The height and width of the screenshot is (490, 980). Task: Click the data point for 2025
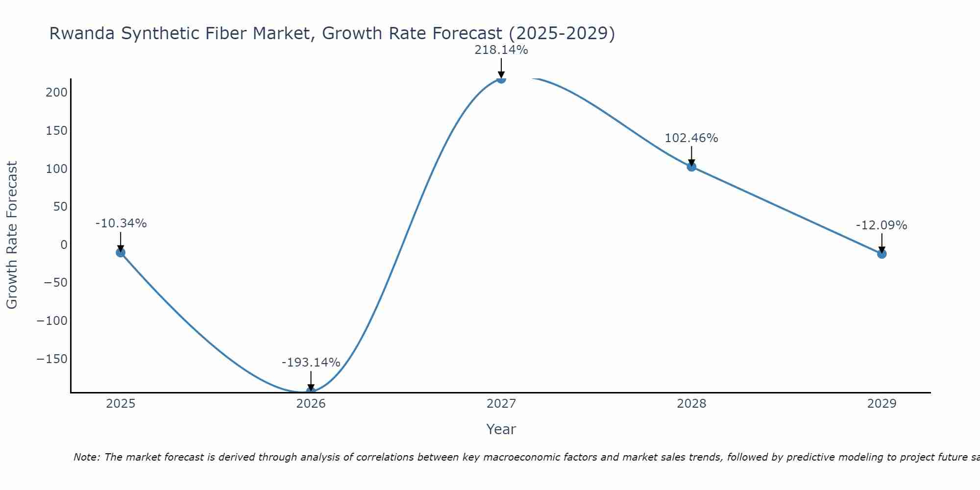point(121,252)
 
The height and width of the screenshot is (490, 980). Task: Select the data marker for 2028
point(691,167)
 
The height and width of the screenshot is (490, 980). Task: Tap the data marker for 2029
point(882,254)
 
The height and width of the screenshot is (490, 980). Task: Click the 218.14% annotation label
point(501,50)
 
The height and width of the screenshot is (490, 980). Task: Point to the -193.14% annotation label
point(311,363)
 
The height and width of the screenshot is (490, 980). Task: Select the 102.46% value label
point(691,138)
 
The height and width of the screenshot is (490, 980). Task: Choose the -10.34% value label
point(121,223)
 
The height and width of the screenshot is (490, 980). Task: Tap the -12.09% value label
point(881,225)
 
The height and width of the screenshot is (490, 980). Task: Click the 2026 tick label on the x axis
point(311,404)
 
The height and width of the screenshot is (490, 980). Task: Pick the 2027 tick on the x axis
point(501,404)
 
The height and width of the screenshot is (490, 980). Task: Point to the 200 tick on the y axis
point(56,92)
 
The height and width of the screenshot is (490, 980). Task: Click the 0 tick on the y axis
point(64,245)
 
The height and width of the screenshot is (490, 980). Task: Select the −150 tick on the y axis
point(52,359)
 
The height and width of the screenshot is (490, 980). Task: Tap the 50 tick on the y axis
point(60,206)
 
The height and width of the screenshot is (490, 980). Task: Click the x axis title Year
point(501,429)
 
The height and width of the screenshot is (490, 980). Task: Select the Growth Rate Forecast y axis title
point(12,235)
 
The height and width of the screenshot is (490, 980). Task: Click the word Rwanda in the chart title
point(82,33)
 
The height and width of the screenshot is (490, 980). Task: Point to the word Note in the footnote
point(86,457)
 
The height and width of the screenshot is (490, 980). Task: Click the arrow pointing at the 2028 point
point(691,156)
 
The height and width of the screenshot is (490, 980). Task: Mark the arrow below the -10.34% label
point(121,242)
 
